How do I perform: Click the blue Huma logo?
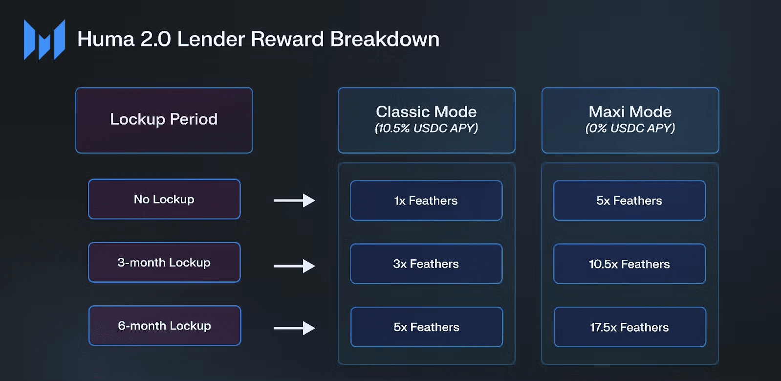[x=44, y=40]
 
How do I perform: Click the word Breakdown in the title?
[x=385, y=39]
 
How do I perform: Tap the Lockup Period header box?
[x=164, y=120]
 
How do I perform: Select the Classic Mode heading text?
[x=426, y=112]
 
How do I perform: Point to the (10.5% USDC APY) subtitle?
[x=426, y=128]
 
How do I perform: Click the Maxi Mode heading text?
[x=630, y=112]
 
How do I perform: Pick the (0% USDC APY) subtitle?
[x=630, y=128]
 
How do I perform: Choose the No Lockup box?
[x=164, y=199]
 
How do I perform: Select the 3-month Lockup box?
[x=164, y=262]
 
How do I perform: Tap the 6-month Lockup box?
[x=165, y=326]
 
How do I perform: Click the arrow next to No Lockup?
[x=294, y=200]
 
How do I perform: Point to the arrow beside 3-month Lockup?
[x=294, y=266]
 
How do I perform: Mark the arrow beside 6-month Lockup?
[x=294, y=328]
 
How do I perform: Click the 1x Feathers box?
[x=426, y=200]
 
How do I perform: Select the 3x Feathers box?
[x=426, y=264]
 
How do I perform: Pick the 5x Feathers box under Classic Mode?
[x=426, y=327]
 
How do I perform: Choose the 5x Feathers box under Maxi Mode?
[x=629, y=200]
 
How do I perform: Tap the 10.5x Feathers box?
[x=629, y=264]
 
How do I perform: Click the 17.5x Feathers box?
[x=629, y=327]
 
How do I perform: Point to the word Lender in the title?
[x=211, y=39]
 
